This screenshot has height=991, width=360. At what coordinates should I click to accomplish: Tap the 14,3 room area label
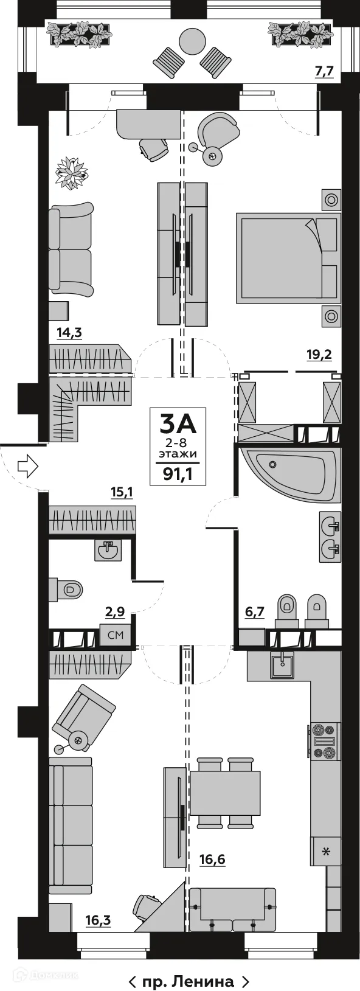point(69,333)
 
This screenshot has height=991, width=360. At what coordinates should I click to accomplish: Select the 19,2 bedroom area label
point(319,355)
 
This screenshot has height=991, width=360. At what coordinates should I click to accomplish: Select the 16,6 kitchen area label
point(212,859)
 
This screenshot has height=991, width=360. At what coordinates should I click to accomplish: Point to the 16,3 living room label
point(98,920)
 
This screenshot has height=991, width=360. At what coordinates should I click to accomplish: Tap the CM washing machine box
point(116,635)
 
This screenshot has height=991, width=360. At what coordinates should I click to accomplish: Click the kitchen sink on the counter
point(282,665)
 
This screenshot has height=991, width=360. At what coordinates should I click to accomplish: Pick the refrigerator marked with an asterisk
point(325,851)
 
